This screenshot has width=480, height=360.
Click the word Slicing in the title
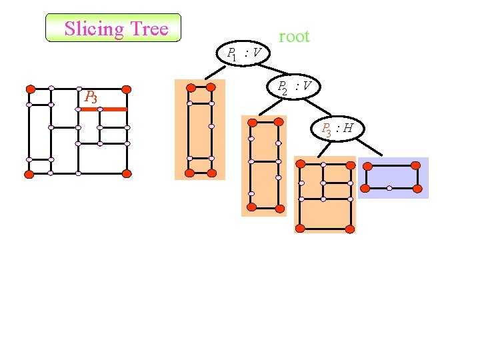tap(94, 29)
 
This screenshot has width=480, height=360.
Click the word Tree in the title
tap(149, 29)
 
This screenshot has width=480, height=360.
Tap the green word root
tap(294, 37)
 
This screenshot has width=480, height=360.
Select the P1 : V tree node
tap(243, 53)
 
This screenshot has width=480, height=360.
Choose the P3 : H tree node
tap(337, 129)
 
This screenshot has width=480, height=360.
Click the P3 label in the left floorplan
tap(91, 97)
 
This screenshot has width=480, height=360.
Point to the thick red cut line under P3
tap(103, 109)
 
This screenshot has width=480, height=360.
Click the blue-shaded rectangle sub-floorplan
tap(393, 177)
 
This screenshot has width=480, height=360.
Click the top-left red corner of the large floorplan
tap(30, 89)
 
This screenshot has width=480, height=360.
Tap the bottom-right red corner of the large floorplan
tap(127, 173)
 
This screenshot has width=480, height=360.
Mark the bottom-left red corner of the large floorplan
tap(29, 174)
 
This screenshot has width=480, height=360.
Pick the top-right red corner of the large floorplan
tap(127, 89)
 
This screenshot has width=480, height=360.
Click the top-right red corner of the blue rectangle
tap(416, 165)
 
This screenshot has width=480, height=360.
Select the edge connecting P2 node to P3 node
tap(319, 107)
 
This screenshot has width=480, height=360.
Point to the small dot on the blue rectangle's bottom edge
tap(389, 188)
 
